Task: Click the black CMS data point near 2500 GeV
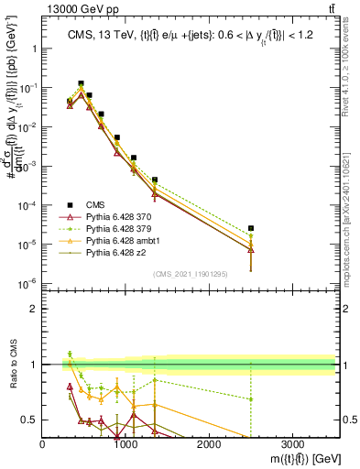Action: point(251,228)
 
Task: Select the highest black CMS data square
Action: point(81,83)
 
